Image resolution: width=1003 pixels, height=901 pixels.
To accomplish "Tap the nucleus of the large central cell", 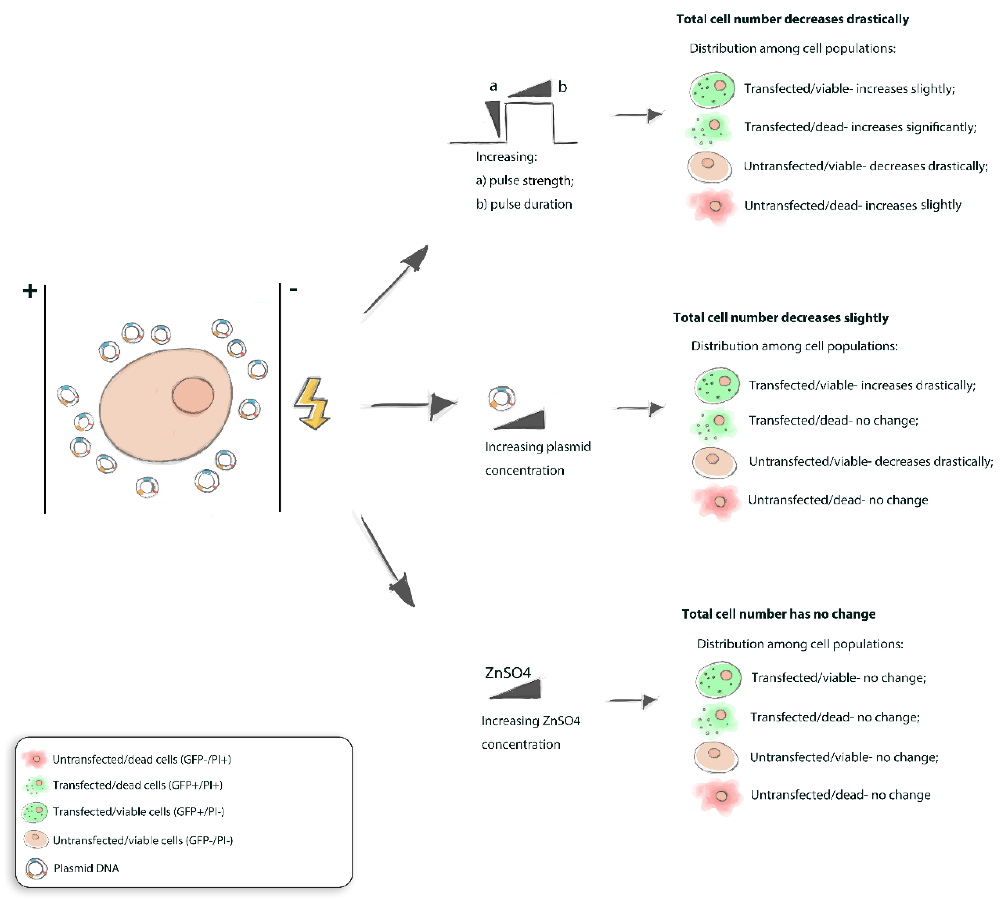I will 193,395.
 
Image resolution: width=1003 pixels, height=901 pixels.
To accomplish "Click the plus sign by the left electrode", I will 30,290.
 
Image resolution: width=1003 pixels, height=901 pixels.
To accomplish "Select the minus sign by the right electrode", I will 293,289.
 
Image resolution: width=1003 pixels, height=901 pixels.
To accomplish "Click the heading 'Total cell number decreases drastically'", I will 792,19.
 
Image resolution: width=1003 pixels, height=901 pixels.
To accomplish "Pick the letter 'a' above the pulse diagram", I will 493,86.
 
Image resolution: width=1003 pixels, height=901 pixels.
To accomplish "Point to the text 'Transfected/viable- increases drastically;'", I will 862,385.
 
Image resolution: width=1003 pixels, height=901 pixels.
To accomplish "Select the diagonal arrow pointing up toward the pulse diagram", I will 396,280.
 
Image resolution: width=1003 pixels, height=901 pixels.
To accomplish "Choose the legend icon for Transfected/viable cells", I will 35,812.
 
